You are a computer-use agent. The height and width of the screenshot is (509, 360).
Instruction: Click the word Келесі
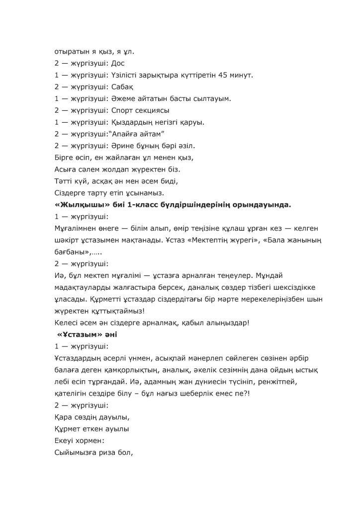(x=66, y=323)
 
